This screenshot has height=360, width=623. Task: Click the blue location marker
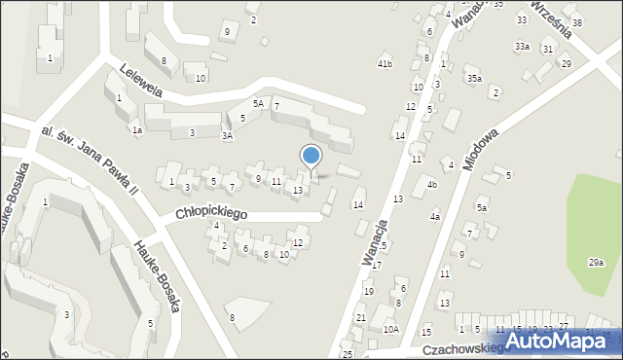[x=311, y=157]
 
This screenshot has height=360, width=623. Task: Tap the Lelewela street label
[x=139, y=80]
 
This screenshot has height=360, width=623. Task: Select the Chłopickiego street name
[x=212, y=211]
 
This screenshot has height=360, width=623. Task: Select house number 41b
[x=385, y=64]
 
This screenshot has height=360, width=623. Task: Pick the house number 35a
[x=474, y=78]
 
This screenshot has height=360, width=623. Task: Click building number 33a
[x=523, y=47]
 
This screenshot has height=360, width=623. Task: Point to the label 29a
[x=596, y=263]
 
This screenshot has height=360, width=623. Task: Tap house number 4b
[x=432, y=185]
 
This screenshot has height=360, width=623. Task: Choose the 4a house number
[x=435, y=217]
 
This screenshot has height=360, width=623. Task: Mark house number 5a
[x=481, y=208]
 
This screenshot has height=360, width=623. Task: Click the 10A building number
[x=390, y=330]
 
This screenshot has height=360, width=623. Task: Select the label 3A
[x=227, y=137]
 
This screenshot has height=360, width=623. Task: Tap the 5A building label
[x=258, y=103]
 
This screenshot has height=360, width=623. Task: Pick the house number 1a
[x=137, y=129]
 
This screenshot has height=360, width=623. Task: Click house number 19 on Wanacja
[x=368, y=291]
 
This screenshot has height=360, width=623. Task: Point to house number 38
[x=576, y=22]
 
